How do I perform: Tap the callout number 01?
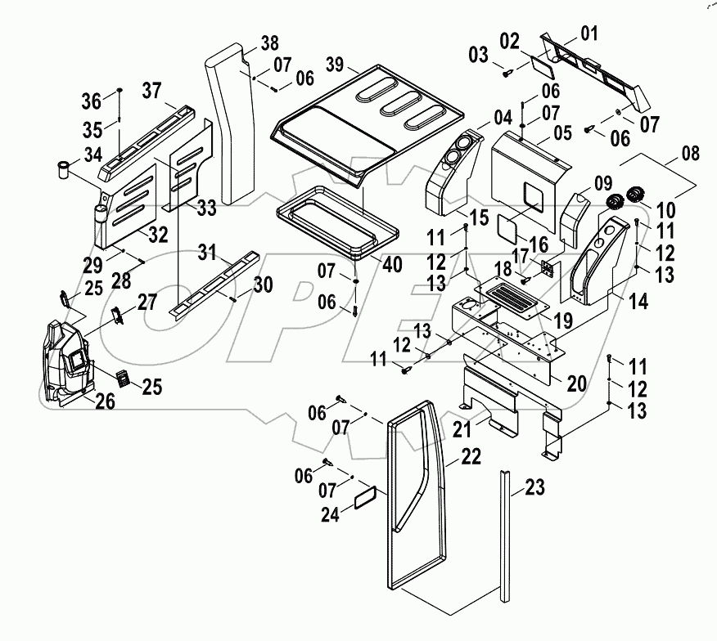pyautogui.click(x=589, y=34)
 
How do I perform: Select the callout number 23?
pyautogui.click(x=534, y=488)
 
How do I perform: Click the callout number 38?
pyautogui.click(x=270, y=44)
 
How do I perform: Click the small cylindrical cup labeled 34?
pyautogui.click(x=61, y=171)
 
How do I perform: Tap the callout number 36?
pyautogui.click(x=92, y=101)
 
